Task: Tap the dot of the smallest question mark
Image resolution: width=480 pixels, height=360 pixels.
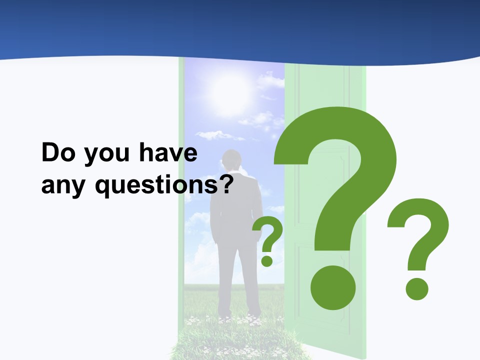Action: point(267,260)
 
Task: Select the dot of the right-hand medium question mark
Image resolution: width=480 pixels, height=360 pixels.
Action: point(416,288)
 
